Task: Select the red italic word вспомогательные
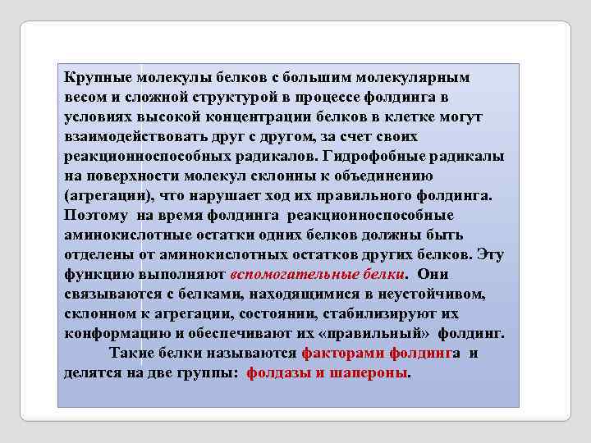[x=290, y=274]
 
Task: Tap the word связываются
[x=105, y=294]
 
